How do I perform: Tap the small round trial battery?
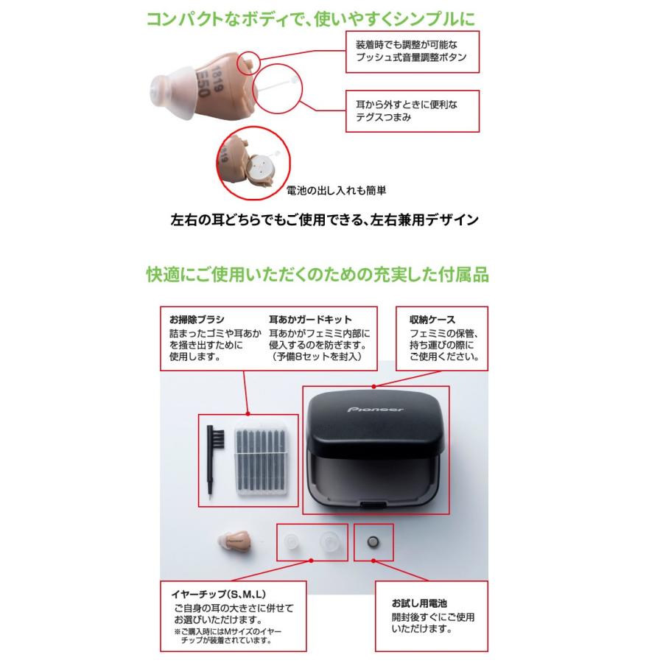[374, 543]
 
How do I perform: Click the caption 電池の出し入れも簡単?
[337, 190]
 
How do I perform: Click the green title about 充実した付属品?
[317, 275]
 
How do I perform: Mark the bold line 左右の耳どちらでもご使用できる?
[324, 219]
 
